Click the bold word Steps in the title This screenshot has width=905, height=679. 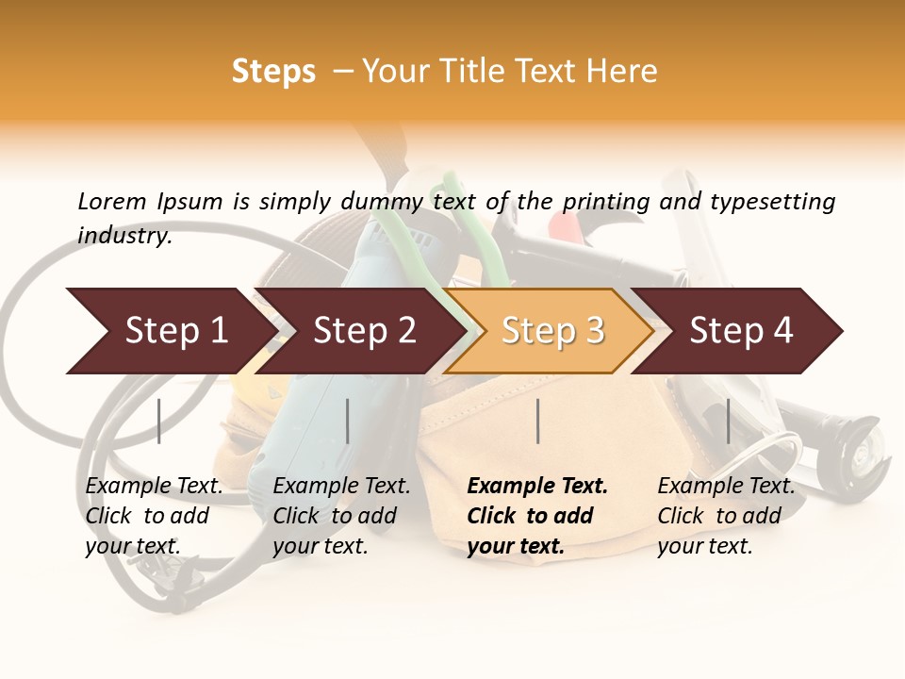click(x=273, y=72)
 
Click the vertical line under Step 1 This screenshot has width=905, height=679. click(x=159, y=421)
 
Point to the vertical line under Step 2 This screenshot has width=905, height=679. click(x=348, y=421)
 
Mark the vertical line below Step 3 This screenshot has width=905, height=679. click(x=537, y=421)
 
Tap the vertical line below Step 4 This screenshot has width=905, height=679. click(x=728, y=421)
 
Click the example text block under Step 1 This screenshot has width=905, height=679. click(x=154, y=516)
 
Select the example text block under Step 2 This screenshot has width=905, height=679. click(x=341, y=516)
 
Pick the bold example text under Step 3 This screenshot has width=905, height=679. click(x=537, y=516)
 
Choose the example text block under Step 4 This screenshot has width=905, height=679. click(x=726, y=516)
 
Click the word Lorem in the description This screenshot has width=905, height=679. click(x=112, y=201)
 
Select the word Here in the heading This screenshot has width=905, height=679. click(x=623, y=72)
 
